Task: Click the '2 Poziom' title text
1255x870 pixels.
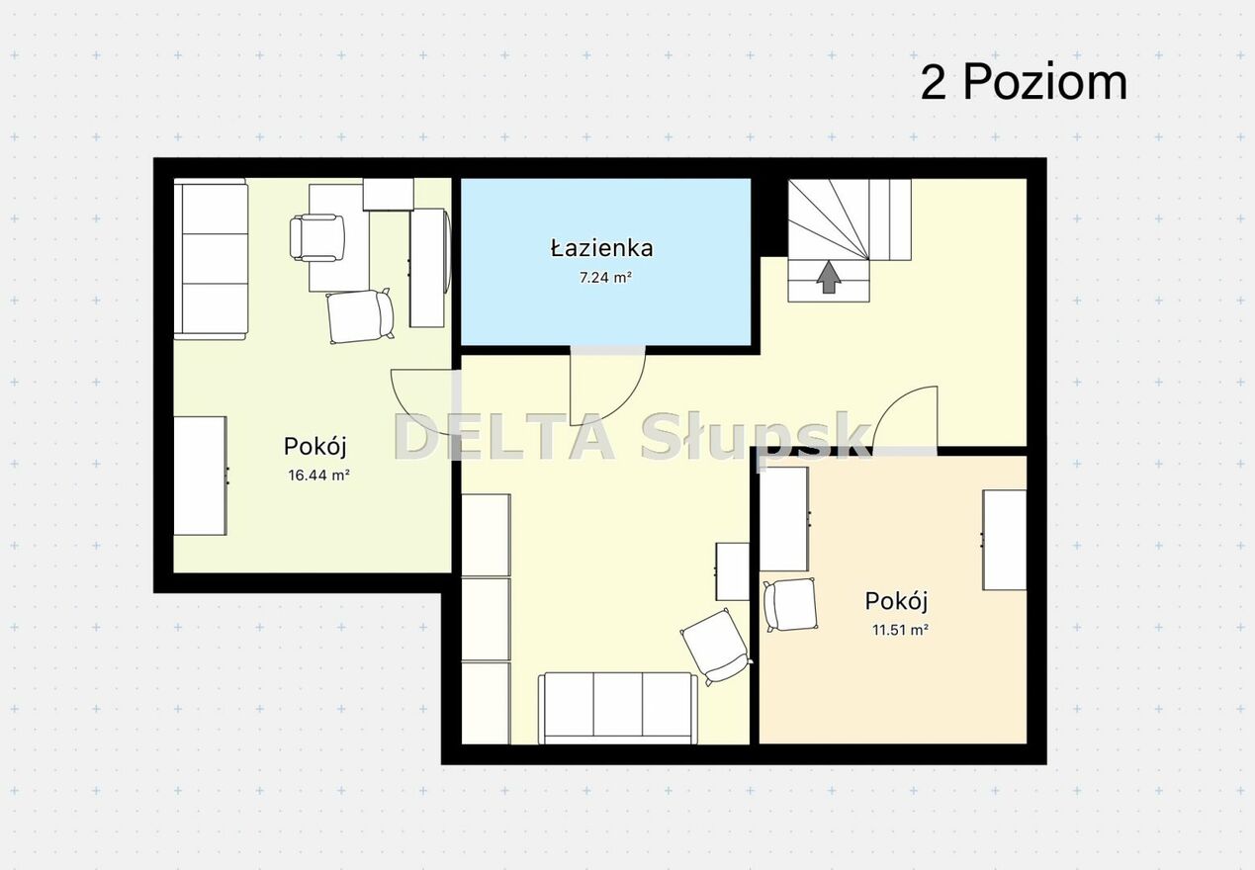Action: [x=1024, y=82]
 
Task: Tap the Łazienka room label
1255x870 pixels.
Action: [x=601, y=248]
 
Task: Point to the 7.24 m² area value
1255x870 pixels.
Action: [x=605, y=277]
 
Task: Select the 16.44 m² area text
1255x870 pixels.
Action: [x=318, y=476]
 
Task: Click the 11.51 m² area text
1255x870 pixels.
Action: [x=900, y=630]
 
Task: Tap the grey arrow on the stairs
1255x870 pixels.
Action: [x=829, y=277]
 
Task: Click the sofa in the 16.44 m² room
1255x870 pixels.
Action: [x=212, y=259]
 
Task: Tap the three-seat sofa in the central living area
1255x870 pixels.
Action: [x=618, y=708]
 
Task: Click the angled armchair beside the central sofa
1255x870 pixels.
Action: [x=716, y=647]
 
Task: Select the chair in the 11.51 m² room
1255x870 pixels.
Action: [x=790, y=604]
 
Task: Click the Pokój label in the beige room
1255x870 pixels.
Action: [x=896, y=602]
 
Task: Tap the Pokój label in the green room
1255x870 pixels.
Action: [x=315, y=447]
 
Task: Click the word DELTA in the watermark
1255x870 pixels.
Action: [x=504, y=437]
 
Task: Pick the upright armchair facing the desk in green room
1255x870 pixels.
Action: [x=317, y=238]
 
